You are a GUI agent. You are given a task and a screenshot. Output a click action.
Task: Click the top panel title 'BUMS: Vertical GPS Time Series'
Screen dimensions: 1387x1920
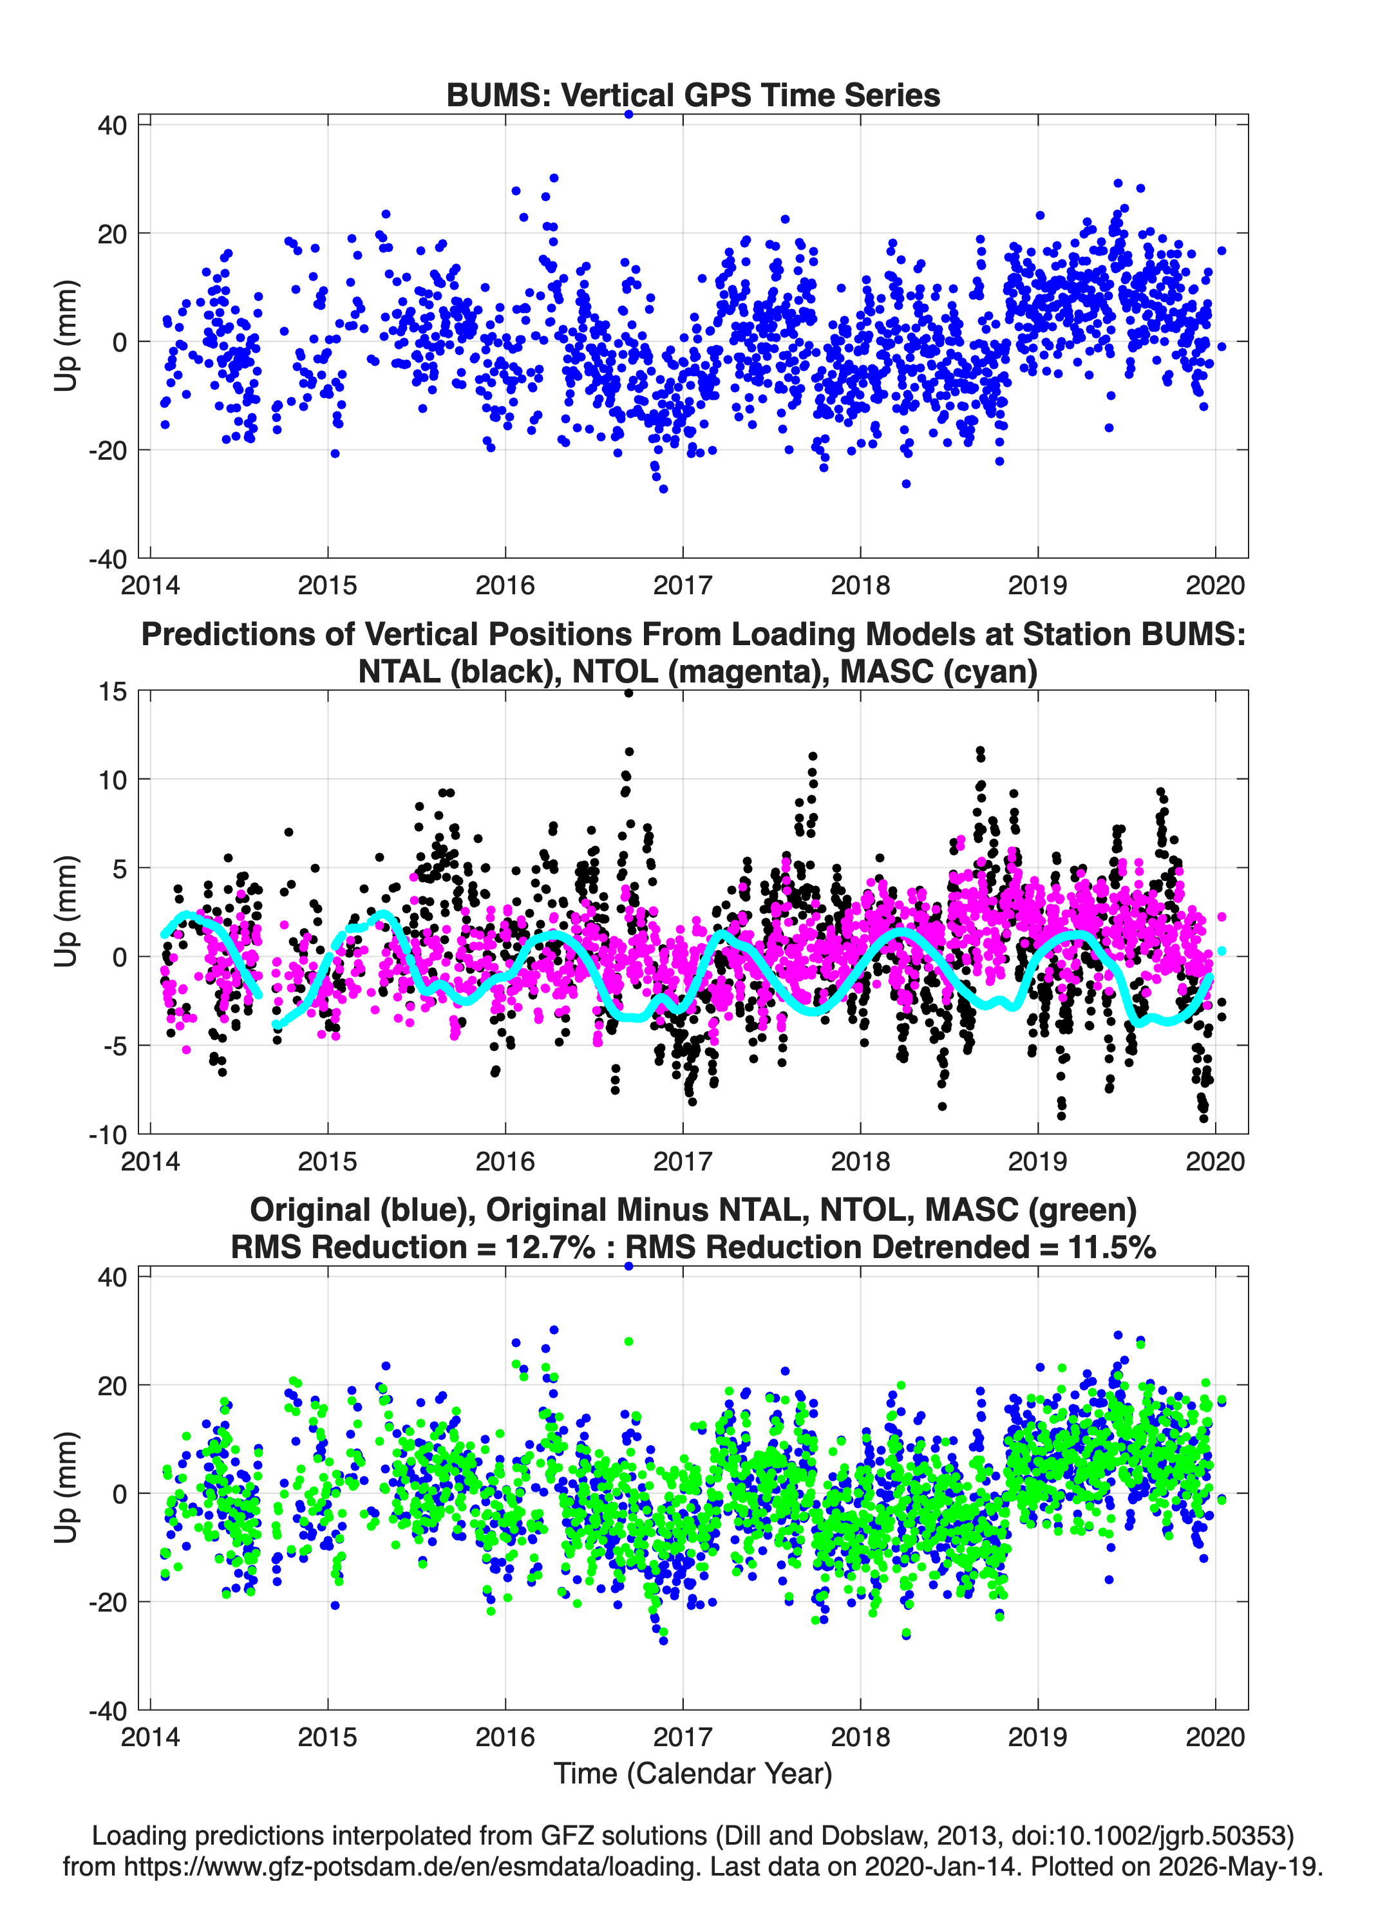click(x=693, y=95)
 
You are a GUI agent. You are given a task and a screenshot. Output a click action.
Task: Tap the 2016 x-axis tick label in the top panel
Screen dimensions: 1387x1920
click(x=505, y=585)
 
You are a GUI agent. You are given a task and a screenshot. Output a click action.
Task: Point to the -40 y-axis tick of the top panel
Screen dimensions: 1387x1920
click(x=108, y=559)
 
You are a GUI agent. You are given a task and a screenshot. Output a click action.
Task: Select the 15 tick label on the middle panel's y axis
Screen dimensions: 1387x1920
click(x=113, y=691)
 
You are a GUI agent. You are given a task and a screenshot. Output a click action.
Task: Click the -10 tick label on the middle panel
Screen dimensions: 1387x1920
click(x=108, y=1134)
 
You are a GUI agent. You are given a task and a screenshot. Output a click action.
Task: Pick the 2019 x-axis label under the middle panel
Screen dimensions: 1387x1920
click(x=1037, y=1161)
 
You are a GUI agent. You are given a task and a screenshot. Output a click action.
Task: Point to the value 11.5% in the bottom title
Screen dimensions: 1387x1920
click(x=1112, y=1247)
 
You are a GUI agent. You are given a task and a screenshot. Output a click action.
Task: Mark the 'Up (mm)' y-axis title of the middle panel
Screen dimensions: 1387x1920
click(x=66, y=912)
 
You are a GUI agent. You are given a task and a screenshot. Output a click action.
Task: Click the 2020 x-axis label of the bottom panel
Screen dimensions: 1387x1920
click(x=1215, y=1736)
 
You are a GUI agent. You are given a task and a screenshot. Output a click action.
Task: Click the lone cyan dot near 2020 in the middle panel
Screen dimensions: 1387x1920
click(x=1221, y=952)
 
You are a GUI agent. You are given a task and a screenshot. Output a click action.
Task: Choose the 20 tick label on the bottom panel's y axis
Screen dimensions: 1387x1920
click(x=113, y=1386)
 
